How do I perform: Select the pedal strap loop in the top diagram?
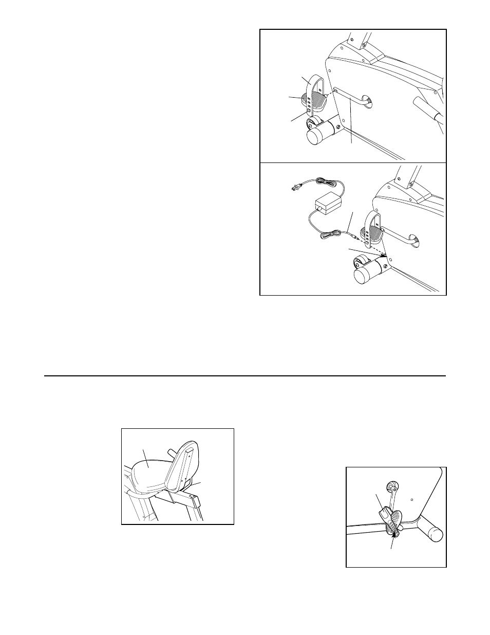point(312,85)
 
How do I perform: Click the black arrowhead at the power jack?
point(384,254)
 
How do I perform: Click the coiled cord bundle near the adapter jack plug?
point(328,235)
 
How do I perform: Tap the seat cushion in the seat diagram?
point(149,473)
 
